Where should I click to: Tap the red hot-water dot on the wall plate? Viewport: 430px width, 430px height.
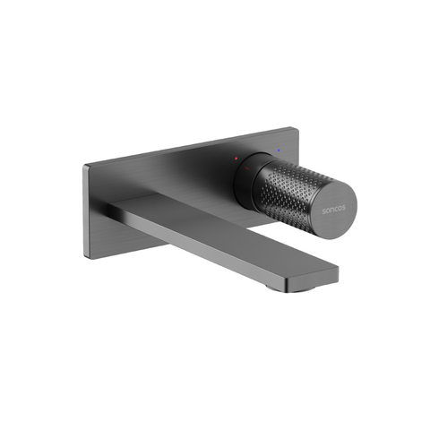pyautogui.click(x=236, y=158)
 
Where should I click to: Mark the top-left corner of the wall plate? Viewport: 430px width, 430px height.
pyautogui.click(x=86, y=167)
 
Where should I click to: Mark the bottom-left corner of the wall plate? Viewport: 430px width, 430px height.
pyautogui.click(x=88, y=256)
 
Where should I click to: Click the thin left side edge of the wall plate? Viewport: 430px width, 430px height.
pyautogui.click(x=87, y=212)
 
